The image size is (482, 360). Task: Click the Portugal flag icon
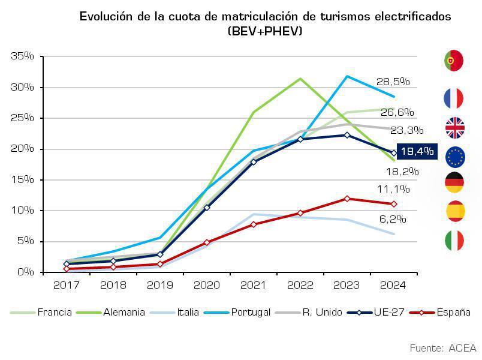click(454, 61)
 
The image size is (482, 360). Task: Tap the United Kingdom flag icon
click(454, 128)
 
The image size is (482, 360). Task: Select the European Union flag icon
click(454, 157)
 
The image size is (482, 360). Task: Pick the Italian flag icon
click(454, 241)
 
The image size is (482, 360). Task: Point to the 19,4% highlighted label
click(417, 151)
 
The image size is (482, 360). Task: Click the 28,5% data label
click(393, 82)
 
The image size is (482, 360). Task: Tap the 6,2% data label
click(393, 219)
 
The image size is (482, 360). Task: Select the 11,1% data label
click(393, 190)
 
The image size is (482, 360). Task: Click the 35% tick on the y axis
click(22, 56)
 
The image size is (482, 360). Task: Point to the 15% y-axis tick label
click(22, 180)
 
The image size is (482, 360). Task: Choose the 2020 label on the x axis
click(207, 284)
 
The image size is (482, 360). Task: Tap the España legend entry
click(453, 312)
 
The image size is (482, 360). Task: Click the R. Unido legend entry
click(322, 312)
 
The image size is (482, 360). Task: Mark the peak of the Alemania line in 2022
click(300, 79)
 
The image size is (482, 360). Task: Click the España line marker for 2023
click(347, 199)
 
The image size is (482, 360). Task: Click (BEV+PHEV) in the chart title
click(264, 31)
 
